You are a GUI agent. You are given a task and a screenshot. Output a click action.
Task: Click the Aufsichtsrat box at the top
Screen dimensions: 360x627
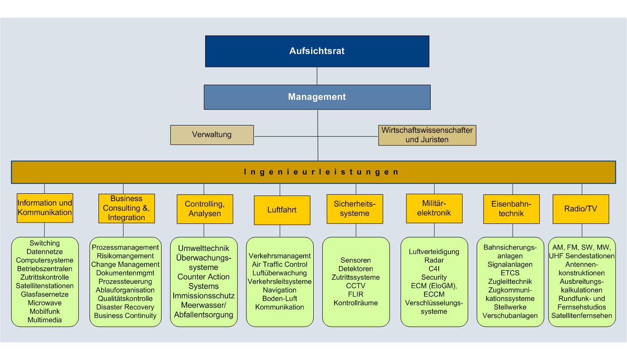coord(317,51)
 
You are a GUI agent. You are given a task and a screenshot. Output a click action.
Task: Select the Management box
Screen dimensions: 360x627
coord(317,97)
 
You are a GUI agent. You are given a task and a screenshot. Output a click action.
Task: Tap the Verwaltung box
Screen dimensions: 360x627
coord(212,134)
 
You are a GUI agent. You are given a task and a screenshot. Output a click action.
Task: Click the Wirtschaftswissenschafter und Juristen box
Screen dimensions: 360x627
coord(427,135)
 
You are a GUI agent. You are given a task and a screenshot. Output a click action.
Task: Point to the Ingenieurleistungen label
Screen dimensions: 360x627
coord(321,172)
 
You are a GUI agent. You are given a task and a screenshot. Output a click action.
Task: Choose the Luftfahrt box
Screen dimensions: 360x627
coord(282,210)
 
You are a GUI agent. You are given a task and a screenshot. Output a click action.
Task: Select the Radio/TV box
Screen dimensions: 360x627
coord(580,208)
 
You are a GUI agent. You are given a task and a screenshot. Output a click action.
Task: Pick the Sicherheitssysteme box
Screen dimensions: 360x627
coord(355,208)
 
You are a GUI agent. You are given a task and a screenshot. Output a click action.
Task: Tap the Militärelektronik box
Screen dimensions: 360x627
coord(434,208)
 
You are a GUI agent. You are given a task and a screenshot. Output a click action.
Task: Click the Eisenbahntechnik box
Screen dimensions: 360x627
coord(511,208)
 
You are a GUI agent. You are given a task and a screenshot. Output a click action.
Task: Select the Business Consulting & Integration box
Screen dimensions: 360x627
coord(126,208)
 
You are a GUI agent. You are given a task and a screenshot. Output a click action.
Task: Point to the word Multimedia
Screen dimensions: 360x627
coord(45,320)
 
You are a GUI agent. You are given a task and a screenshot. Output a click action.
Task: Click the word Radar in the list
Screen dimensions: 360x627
coord(434,260)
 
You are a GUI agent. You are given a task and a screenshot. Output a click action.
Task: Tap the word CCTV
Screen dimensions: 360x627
coord(355,286)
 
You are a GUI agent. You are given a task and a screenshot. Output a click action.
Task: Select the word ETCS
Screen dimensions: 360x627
coord(510,273)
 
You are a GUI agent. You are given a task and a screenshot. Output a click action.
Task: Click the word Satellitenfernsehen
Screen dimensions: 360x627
coord(582,316)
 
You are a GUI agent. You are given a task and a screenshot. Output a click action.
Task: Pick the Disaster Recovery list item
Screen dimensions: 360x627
coord(125,307)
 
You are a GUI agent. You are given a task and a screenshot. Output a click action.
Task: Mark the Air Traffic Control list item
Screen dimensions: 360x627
coord(280,265)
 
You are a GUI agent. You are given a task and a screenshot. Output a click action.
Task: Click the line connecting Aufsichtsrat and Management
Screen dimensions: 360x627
coord(317,76)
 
